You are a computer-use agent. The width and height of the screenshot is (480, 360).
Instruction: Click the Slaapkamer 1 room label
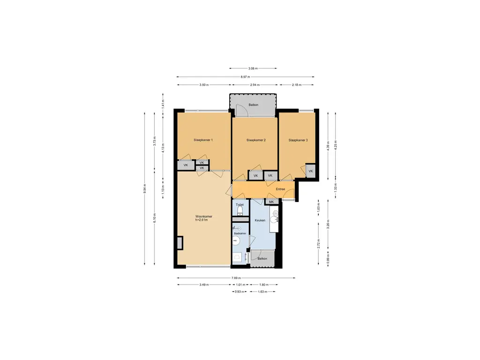click(203, 140)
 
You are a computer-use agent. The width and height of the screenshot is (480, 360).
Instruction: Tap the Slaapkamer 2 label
click(256, 140)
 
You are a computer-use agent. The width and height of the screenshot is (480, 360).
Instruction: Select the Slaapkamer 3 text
click(298, 140)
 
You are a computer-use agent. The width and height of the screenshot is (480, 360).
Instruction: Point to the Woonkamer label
click(203, 217)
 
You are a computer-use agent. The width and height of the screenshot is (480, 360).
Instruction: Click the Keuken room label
click(260, 220)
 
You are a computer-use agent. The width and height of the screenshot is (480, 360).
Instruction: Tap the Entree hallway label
click(280, 189)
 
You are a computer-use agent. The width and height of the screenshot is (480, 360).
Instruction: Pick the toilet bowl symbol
click(240, 210)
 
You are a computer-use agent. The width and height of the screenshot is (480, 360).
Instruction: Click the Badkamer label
click(240, 233)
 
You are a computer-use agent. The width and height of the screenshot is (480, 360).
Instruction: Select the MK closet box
click(271, 202)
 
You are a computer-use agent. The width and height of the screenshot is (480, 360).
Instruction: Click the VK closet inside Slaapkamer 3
click(310, 171)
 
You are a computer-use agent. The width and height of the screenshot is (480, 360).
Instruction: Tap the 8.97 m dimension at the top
click(245, 77)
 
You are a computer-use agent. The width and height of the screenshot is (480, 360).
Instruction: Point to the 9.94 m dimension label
click(145, 189)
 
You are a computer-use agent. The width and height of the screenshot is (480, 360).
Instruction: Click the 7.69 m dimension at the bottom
click(236, 278)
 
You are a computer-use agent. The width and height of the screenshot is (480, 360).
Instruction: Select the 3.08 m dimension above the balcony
click(253, 68)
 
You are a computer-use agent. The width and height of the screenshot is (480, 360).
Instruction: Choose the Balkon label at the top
click(254, 105)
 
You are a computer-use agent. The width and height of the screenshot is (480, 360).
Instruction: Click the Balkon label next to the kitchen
click(262, 259)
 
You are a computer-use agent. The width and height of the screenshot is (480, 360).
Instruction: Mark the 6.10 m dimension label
click(154, 217)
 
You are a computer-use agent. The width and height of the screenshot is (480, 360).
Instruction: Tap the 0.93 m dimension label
click(240, 292)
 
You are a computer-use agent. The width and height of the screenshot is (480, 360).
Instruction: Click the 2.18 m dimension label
click(296, 85)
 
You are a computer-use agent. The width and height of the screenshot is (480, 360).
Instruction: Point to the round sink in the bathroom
click(236, 241)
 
